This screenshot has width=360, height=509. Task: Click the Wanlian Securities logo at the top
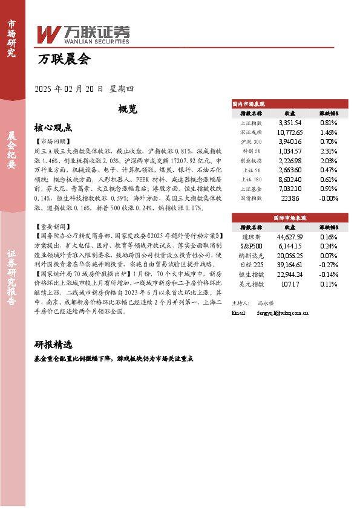click(x=83, y=34)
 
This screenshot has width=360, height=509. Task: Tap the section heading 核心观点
click(x=53, y=128)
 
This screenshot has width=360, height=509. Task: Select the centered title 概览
click(x=128, y=109)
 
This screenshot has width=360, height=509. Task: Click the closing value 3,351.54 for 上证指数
click(x=290, y=122)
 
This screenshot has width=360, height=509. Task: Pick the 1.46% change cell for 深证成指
click(x=328, y=132)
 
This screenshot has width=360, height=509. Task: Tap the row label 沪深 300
click(x=251, y=141)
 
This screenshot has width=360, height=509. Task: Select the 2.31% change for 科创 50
click(x=328, y=151)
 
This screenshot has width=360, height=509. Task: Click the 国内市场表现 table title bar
click(x=288, y=104)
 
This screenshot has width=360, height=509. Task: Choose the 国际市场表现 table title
click(x=288, y=217)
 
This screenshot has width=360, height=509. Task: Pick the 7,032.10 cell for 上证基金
click(x=290, y=188)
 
